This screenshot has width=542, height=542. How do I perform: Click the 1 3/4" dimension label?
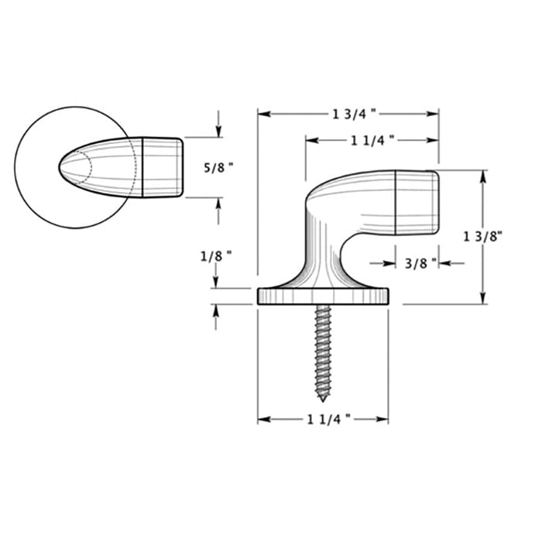pyautogui.click(x=355, y=114)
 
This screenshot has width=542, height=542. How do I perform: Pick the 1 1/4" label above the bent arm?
pyautogui.click(x=372, y=140)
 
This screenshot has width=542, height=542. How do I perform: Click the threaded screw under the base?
pyautogui.click(x=323, y=348)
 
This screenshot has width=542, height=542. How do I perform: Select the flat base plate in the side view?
pyautogui.click(x=322, y=296)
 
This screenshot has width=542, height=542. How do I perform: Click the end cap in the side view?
pyautogui.click(x=417, y=202)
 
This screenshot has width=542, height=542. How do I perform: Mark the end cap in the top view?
pyautogui.click(x=163, y=166)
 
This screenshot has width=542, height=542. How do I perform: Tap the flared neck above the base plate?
pyautogui.click(x=319, y=267)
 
